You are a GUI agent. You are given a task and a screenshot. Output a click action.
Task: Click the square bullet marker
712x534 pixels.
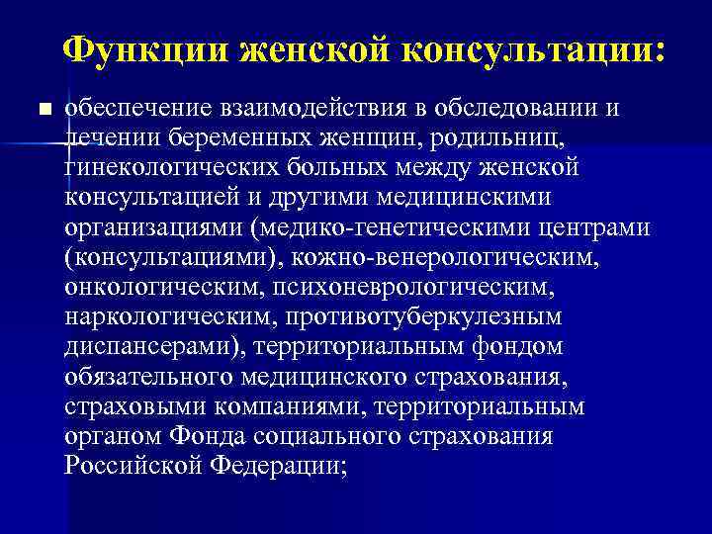click(41, 108)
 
